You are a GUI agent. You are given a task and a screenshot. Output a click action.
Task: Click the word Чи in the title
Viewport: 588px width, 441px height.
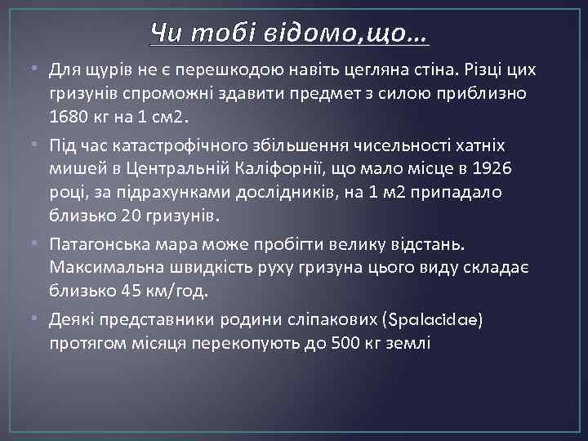[166, 35]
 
